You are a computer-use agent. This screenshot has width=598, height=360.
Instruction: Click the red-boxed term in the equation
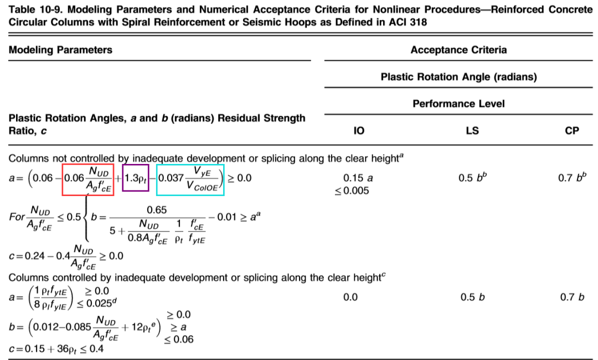(x=88, y=179)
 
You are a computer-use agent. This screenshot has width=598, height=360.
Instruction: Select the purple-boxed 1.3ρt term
(x=136, y=178)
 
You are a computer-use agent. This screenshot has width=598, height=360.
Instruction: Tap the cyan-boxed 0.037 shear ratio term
(x=191, y=179)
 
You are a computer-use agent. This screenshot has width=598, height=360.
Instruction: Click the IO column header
(x=359, y=131)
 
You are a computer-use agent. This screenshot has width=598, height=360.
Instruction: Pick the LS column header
(x=472, y=131)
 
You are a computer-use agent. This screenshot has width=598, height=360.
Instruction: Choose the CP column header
(x=572, y=131)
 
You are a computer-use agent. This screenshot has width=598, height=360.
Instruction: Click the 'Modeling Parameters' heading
(x=60, y=50)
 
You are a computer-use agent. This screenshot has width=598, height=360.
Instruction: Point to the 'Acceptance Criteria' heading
(x=458, y=50)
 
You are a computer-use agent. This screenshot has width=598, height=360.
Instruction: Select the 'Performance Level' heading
(x=458, y=104)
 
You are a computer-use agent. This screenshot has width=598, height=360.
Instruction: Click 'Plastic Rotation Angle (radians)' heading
(x=458, y=77)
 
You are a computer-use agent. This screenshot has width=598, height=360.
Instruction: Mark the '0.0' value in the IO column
(x=350, y=297)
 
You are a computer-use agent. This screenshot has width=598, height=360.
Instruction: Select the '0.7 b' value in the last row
(x=572, y=297)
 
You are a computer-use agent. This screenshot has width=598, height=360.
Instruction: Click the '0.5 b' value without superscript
(x=472, y=297)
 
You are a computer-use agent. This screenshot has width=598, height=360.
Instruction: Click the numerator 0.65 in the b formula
(x=157, y=210)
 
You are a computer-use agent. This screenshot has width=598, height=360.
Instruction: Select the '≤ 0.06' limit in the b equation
(x=178, y=339)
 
